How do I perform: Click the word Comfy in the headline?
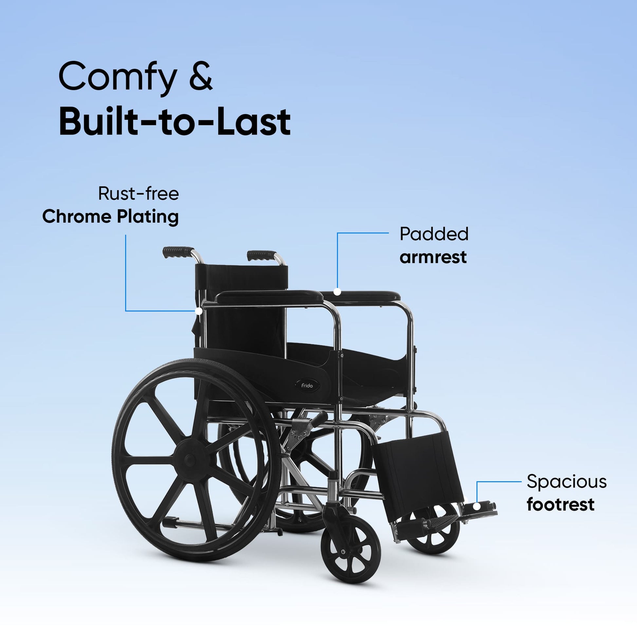coord(118,79)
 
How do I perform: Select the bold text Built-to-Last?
coord(174,121)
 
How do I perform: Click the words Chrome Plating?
coord(110,217)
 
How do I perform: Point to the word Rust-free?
coord(138,193)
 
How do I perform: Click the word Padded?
coord(434,234)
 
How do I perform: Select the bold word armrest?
coord(433,257)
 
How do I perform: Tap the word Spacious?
coord(566,482)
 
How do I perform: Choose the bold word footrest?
coord(560,504)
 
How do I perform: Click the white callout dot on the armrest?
coord(337,291)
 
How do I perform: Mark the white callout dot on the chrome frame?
coord(198,311)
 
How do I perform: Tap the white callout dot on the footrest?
coord(477,506)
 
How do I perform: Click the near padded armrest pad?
coord(269,297)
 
